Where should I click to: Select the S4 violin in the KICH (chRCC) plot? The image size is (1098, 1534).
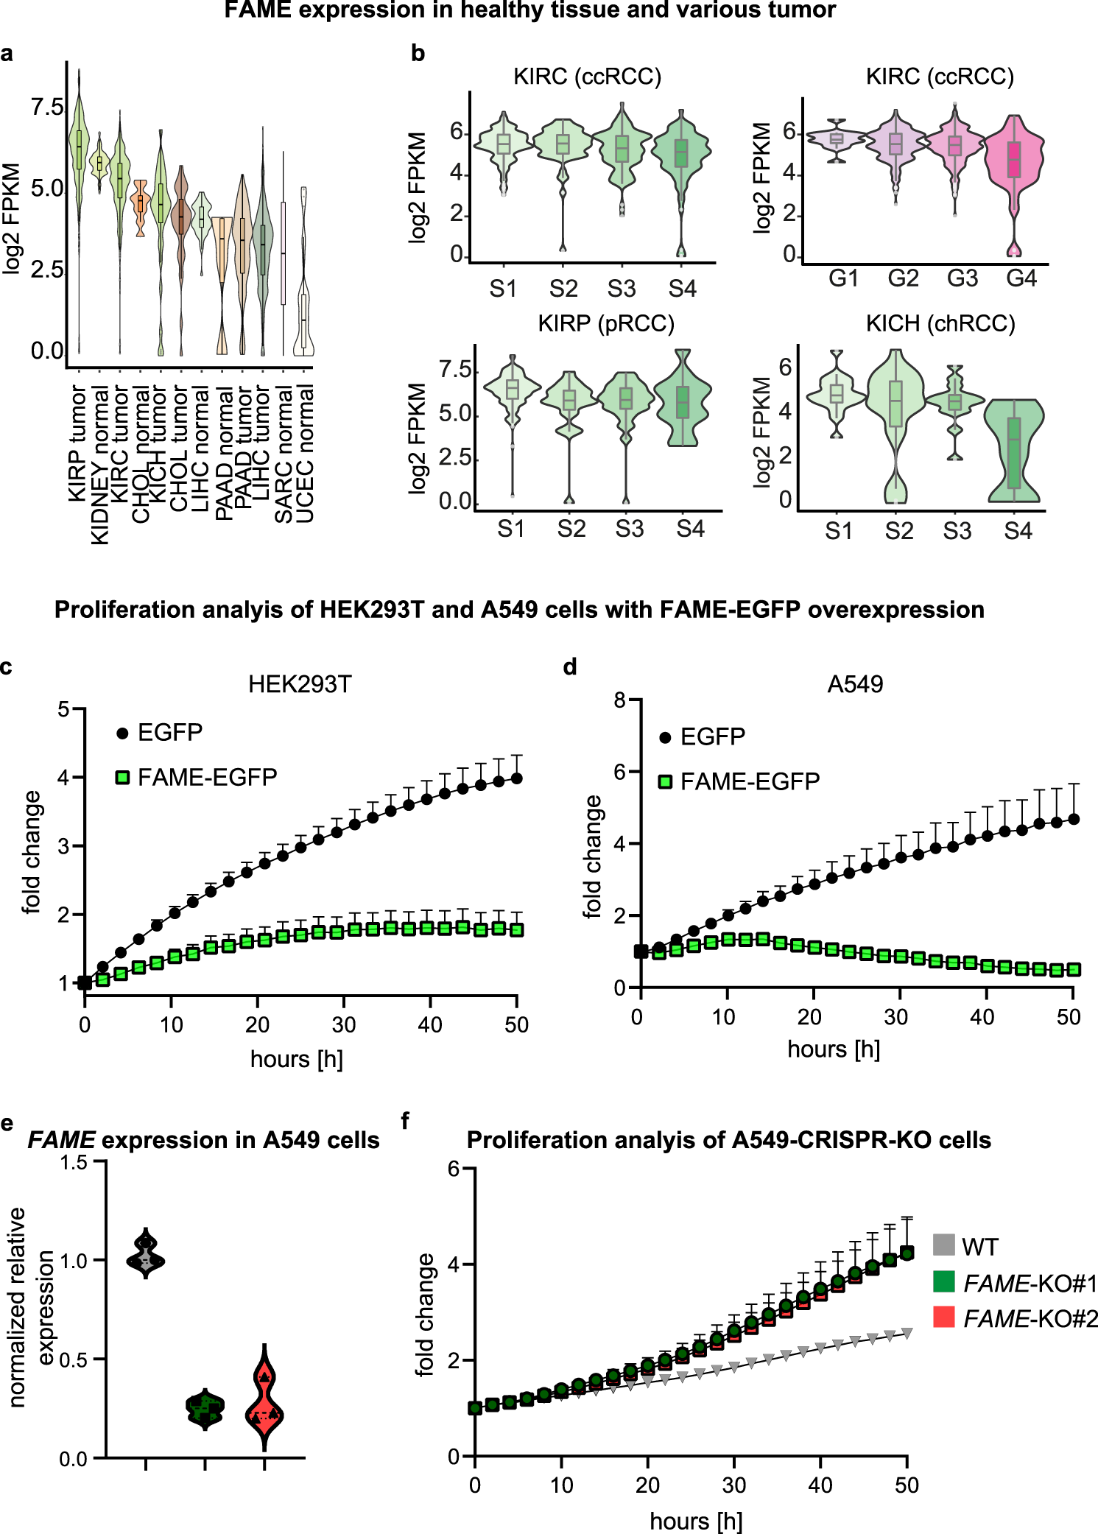pyautogui.click(x=1014, y=449)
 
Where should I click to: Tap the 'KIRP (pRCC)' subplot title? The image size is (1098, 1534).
pyautogui.click(x=605, y=324)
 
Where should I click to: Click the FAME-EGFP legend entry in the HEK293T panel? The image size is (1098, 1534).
pyautogui.click(x=197, y=777)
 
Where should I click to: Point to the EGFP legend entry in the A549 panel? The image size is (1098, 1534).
pyautogui.click(x=703, y=736)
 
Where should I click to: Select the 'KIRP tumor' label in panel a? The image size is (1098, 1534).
pyautogui.click(x=77, y=443)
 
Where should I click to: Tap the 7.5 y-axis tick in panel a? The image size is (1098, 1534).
pyautogui.click(x=48, y=108)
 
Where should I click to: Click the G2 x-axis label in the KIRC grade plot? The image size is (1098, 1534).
pyautogui.click(x=903, y=278)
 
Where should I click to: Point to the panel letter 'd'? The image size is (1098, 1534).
pyautogui.click(x=569, y=667)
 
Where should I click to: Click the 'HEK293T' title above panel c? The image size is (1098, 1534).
pyautogui.click(x=300, y=684)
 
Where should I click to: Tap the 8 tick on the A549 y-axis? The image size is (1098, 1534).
pyautogui.click(x=620, y=700)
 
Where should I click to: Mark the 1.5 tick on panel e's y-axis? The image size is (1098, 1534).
pyautogui.click(x=73, y=1163)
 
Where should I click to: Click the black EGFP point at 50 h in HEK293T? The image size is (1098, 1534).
pyautogui.click(x=517, y=778)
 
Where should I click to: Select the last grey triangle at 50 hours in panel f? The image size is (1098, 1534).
pyautogui.click(x=907, y=1334)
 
